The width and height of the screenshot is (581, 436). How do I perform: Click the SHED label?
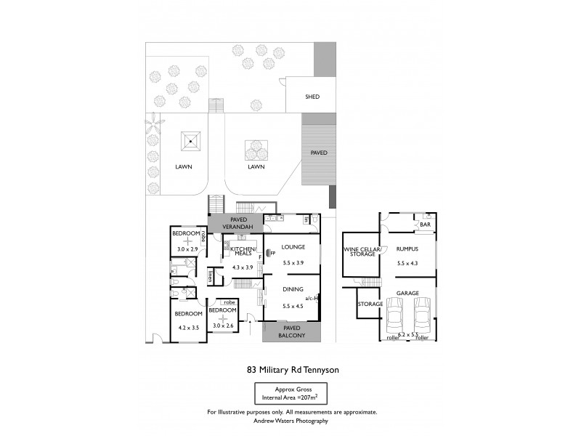click(x=312, y=97)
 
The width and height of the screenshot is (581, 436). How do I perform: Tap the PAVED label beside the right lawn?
click(x=319, y=153)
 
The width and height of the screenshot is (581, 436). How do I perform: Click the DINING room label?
click(x=292, y=289)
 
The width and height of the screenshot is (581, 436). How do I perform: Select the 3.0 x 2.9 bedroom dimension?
click(x=187, y=249)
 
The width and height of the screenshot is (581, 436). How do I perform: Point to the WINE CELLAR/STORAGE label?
click(x=362, y=252)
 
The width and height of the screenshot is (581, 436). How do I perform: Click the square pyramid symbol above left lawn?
click(x=191, y=140)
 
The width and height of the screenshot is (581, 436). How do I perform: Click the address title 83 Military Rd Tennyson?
click(x=293, y=369)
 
